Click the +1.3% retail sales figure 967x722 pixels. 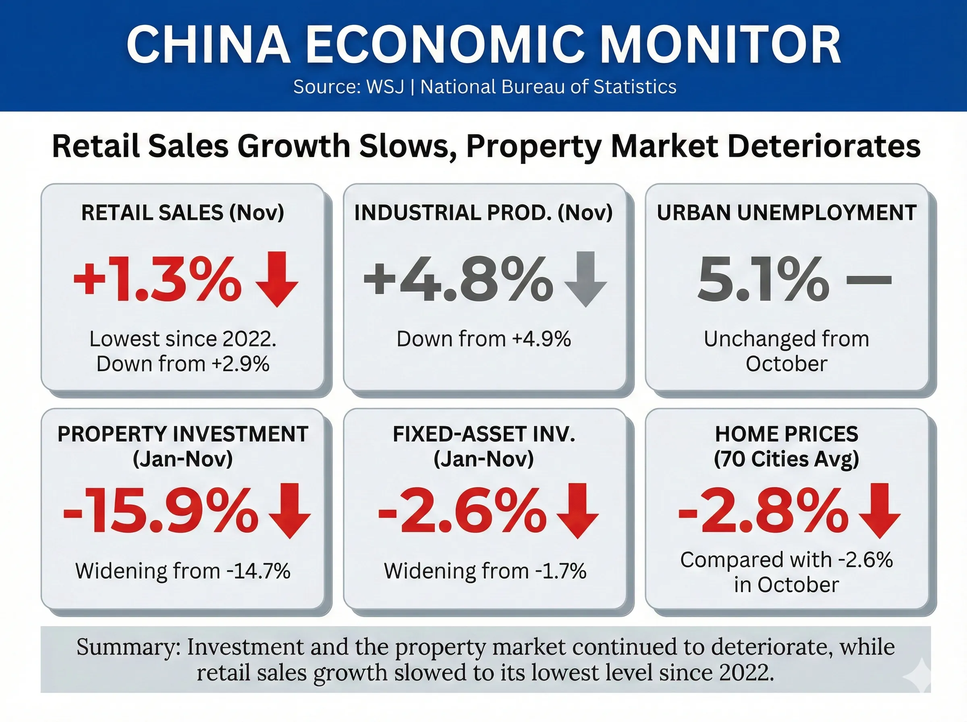point(157,280)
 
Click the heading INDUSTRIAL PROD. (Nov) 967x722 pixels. point(483,213)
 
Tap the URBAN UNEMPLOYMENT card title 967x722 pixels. point(786,213)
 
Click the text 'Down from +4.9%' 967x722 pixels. point(483,339)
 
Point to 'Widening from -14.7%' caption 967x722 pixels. point(183,571)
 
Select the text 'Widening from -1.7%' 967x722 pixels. point(485,571)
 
